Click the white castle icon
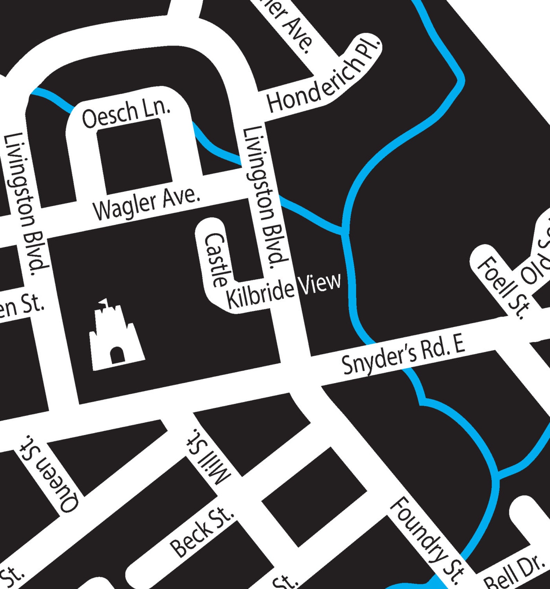(x=116, y=338)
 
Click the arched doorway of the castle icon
(x=117, y=355)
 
